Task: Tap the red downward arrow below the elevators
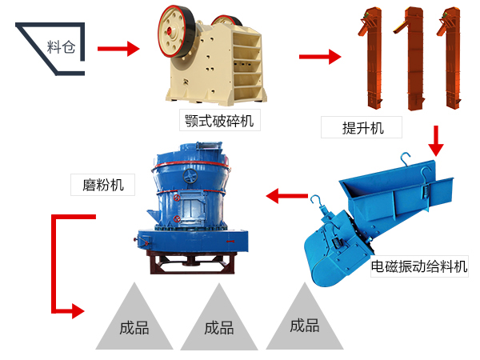(x=435, y=141)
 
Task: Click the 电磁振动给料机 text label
(x=419, y=266)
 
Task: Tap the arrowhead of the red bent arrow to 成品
(x=78, y=310)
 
